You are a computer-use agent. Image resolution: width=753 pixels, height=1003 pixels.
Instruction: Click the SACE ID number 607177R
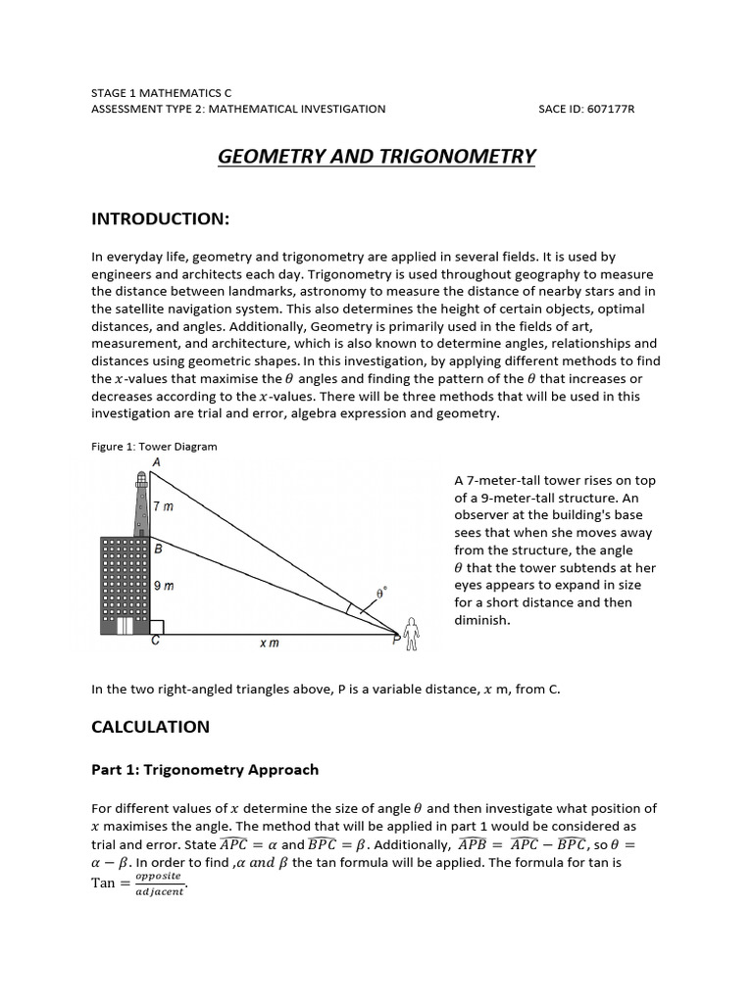[x=610, y=109]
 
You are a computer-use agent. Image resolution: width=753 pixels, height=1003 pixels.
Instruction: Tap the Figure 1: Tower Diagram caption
[x=154, y=447]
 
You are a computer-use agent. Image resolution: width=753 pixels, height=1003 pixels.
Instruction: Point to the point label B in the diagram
[x=158, y=549]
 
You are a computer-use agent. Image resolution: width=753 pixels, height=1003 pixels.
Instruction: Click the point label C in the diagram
[x=156, y=644]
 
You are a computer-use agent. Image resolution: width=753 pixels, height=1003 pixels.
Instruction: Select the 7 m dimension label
[x=164, y=506]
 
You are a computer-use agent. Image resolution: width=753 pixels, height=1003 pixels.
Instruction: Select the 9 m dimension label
[x=164, y=586]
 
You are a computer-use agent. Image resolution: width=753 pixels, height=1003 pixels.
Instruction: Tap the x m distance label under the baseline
[x=269, y=644]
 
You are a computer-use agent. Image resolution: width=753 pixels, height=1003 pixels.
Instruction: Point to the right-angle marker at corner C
[x=156, y=627]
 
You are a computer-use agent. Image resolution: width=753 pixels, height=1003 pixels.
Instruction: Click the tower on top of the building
[x=140, y=504]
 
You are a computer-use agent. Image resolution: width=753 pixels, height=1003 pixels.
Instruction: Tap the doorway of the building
[x=125, y=625]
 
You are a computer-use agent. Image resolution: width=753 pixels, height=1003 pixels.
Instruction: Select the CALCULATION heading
[x=150, y=727]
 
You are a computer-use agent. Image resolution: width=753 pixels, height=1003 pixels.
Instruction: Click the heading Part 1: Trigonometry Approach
[x=205, y=770]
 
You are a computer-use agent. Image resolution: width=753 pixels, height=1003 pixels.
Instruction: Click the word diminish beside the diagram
[x=481, y=620]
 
